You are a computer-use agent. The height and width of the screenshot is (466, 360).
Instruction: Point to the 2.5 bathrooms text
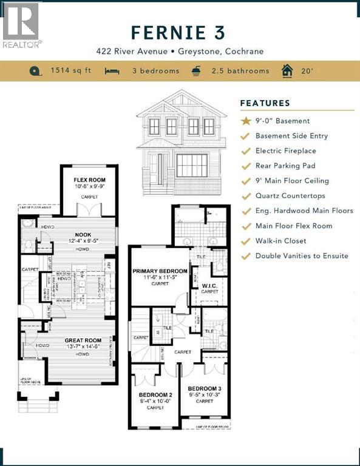point(240,71)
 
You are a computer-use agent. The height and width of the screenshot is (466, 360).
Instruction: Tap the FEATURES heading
point(265,103)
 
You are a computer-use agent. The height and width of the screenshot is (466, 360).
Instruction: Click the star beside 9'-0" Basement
point(246,121)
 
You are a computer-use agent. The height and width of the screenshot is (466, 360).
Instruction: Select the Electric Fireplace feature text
point(285,150)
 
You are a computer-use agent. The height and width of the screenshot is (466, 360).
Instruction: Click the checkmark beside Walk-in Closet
point(246,241)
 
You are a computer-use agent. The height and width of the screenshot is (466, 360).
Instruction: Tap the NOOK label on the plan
point(83,234)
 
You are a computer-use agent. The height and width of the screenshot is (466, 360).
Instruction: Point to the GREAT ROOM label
point(83,340)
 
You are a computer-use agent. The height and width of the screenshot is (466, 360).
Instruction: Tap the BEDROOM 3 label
point(204,388)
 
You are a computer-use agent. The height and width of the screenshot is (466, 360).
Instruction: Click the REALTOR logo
point(21,25)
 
